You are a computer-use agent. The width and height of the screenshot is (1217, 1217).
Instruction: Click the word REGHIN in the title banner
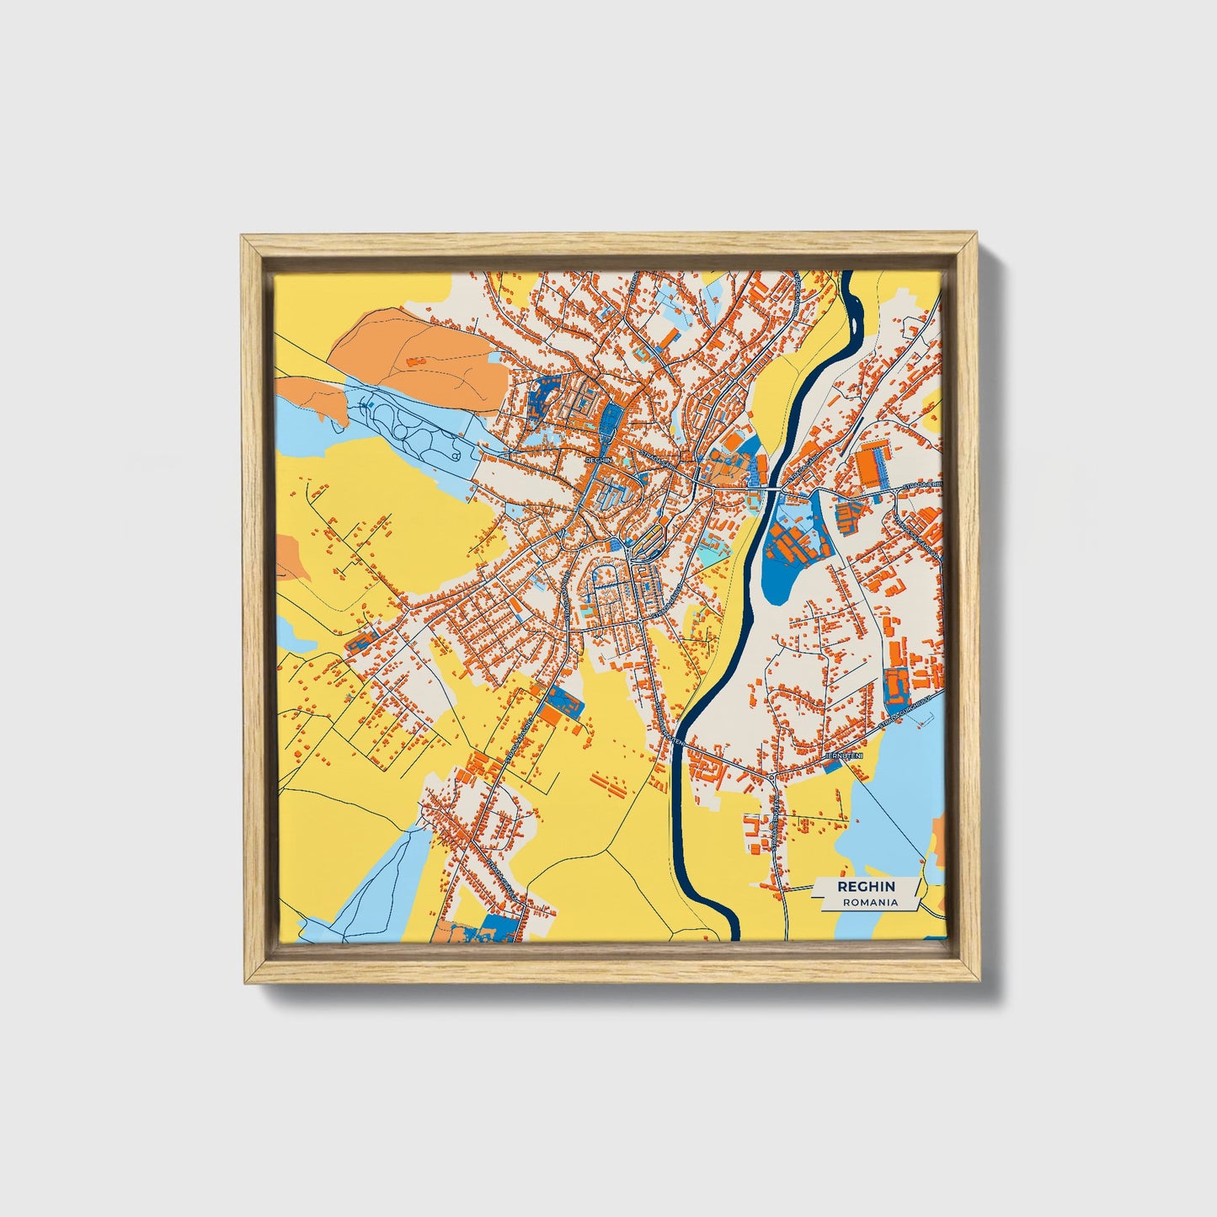point(866,887)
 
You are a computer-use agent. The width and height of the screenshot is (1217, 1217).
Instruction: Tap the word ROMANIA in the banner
point(870,902)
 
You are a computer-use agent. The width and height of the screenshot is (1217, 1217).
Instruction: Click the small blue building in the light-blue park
point(365,407)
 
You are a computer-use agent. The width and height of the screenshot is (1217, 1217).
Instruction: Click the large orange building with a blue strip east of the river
point(873,462)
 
